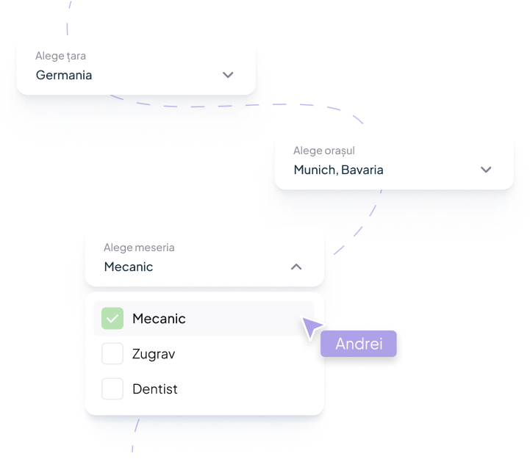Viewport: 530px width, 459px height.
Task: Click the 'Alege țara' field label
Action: [x=61, y=56]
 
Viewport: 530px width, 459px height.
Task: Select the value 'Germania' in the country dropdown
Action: [x=64, y=75]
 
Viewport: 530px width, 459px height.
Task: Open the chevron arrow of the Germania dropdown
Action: [x=228, y=75]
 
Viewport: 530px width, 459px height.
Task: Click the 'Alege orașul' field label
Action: [x=324, y=151]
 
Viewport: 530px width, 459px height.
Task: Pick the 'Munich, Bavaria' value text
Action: [x=338, y=170]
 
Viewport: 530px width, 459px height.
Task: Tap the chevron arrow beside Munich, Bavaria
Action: [x=485, y=170]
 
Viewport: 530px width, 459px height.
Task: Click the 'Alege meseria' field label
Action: [x=139, y=247]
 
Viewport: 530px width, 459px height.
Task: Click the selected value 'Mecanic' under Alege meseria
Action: [x=129, y=267]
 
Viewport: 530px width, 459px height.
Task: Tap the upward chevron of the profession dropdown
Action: [x=296, y=267]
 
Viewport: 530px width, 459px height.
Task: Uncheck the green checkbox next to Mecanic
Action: [x=112, y=319]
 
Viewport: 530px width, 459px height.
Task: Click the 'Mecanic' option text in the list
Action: [x=159, y=319]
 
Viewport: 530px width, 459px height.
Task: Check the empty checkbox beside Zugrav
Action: [x=112, y=354]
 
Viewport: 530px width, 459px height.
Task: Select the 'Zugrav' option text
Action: [x=154, y=354]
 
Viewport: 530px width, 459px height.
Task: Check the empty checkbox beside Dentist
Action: [x=112, y=388]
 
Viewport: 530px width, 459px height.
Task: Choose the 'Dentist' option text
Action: [x=155, y=389]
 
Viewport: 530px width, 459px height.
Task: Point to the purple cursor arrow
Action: [x=312, y=328]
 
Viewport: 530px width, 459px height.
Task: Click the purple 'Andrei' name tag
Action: [x=359, y=344]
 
